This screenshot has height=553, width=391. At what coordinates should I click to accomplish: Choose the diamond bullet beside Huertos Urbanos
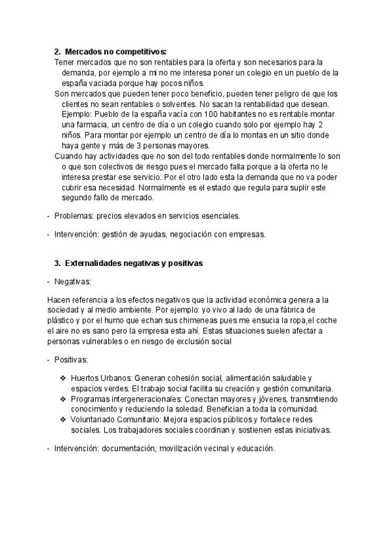click(63, 378)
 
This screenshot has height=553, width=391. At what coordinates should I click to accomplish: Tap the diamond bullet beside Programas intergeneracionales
click(63, 398)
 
